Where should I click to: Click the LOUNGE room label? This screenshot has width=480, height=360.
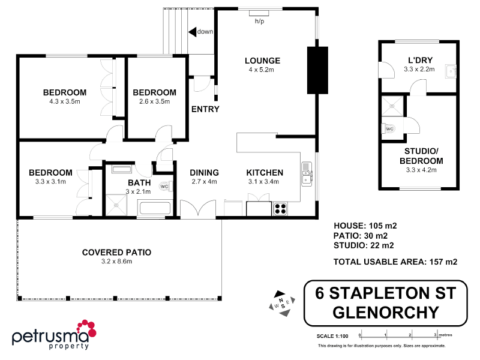click(262, 61)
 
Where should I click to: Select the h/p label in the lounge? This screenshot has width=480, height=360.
click(259, 21)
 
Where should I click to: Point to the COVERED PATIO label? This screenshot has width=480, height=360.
click(116, 253)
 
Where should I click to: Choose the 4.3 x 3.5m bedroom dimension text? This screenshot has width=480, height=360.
click(65, 102)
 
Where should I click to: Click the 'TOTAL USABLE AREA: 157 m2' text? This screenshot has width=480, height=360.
click(395, 262)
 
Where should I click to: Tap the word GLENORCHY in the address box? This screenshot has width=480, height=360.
click(385, 312)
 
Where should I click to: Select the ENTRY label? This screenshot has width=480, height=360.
click(205, 109)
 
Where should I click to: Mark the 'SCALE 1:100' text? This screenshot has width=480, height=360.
click(332, 336)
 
